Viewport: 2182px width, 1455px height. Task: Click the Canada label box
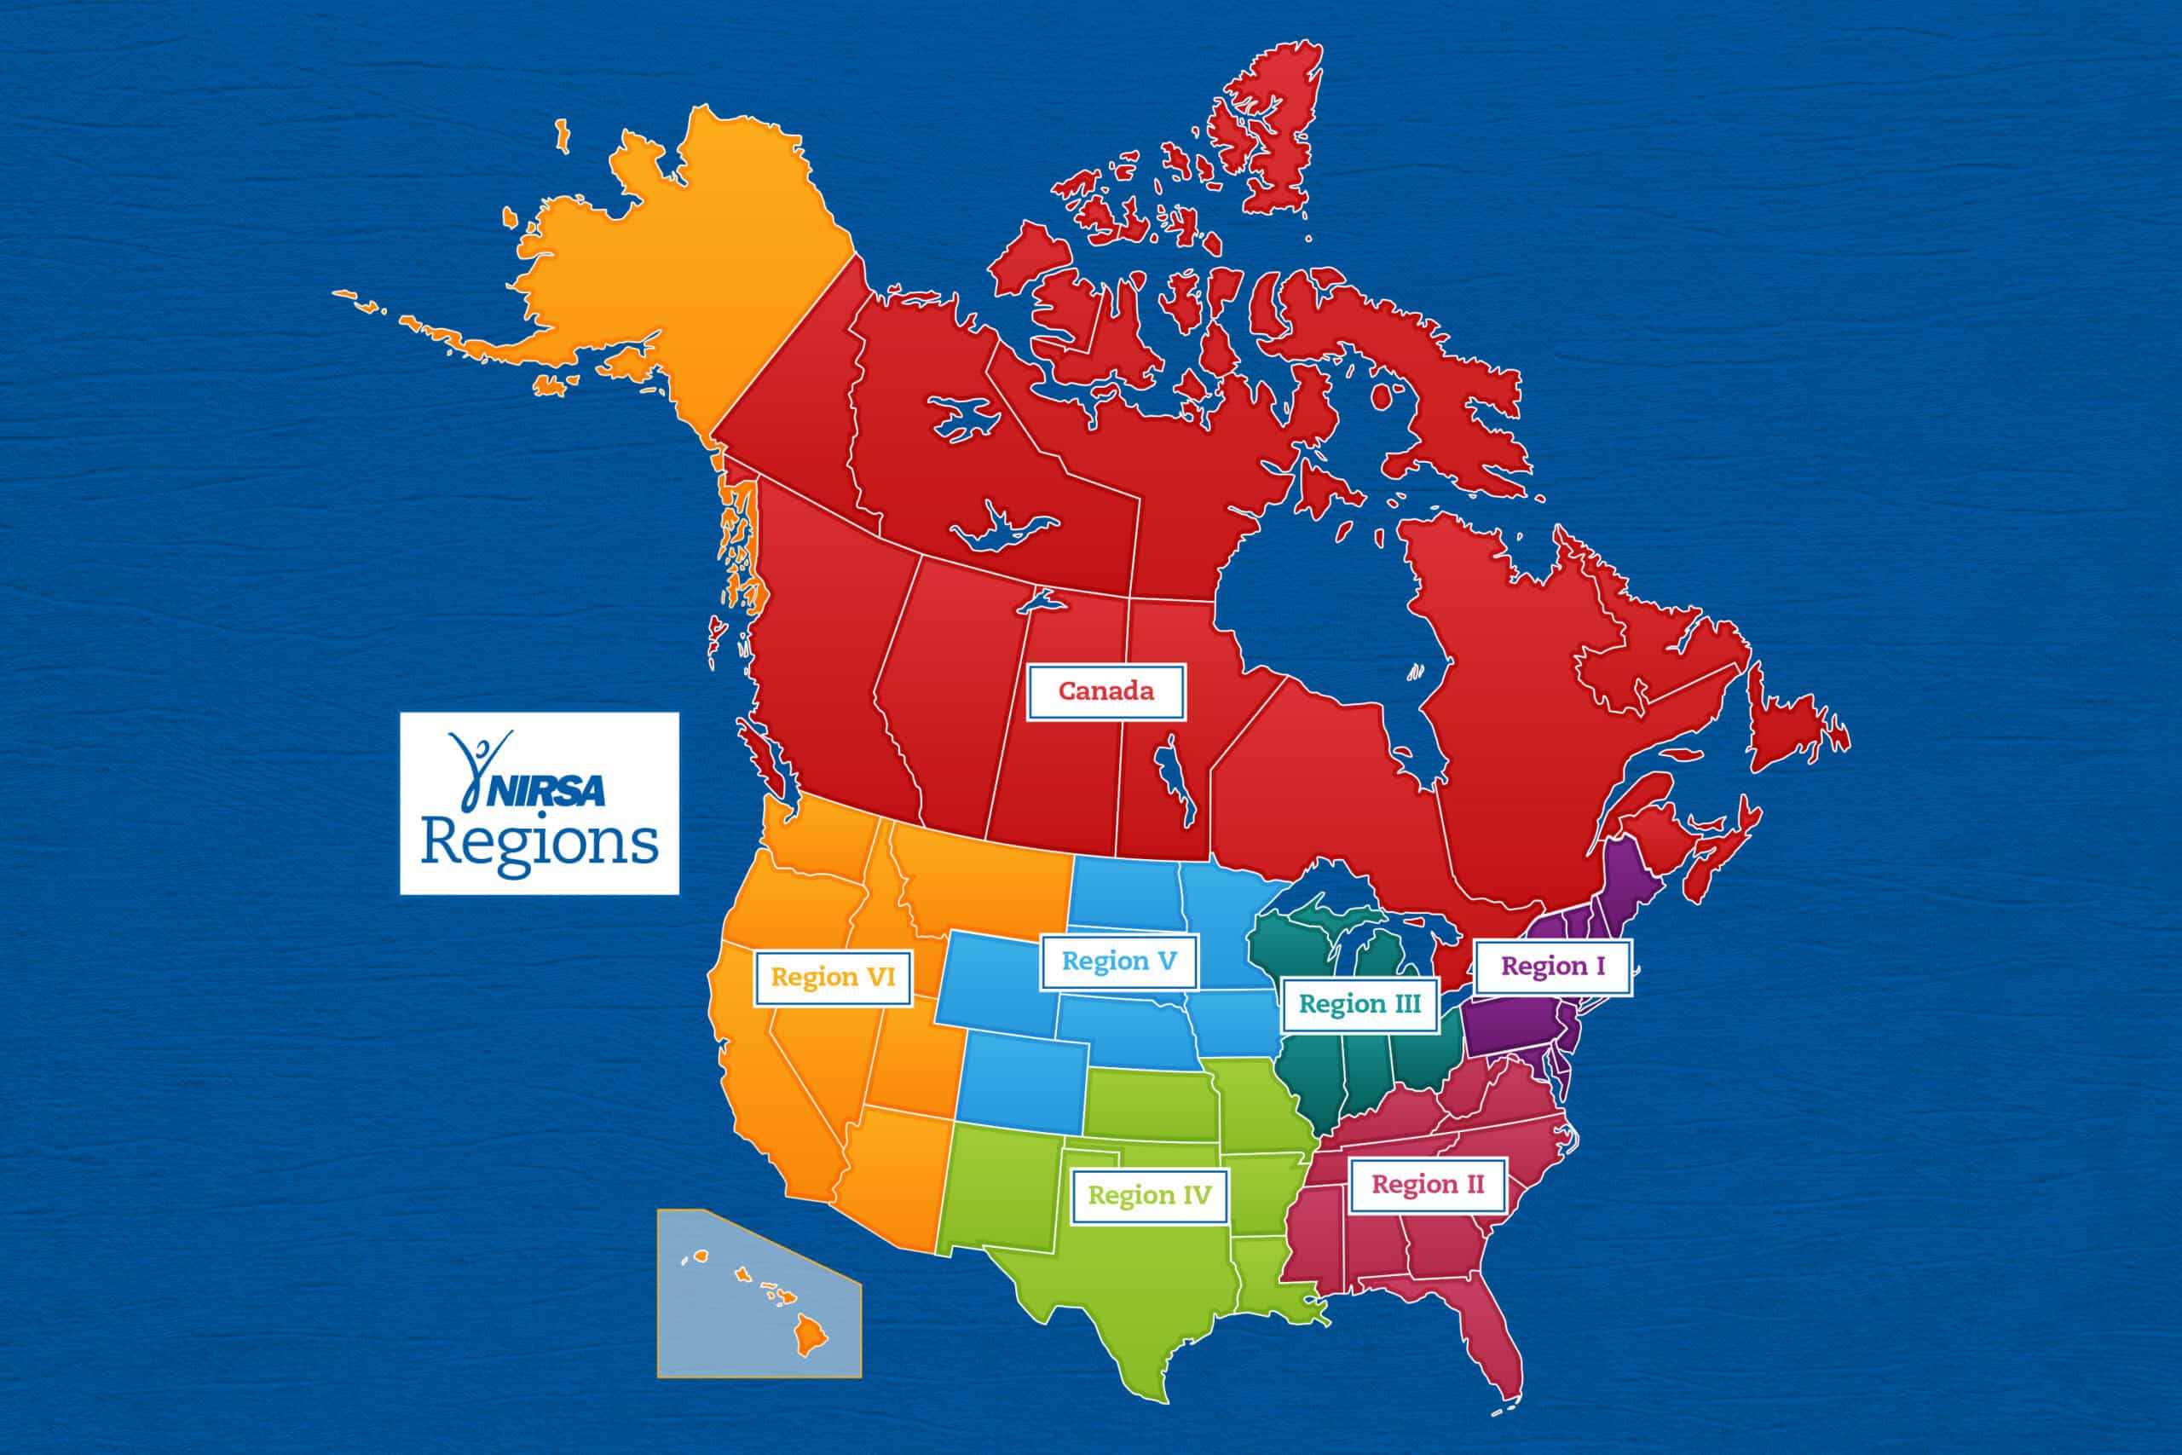(1105, 691)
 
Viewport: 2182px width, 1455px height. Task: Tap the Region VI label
(832, 977)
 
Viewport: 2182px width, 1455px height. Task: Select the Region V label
(1118, 961)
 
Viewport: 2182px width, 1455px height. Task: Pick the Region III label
(1359, 1004)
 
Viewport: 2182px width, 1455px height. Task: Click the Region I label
(1552, 967)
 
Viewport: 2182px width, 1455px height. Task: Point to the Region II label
(1427, 1185)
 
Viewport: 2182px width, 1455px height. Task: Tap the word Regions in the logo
(539, 842)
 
